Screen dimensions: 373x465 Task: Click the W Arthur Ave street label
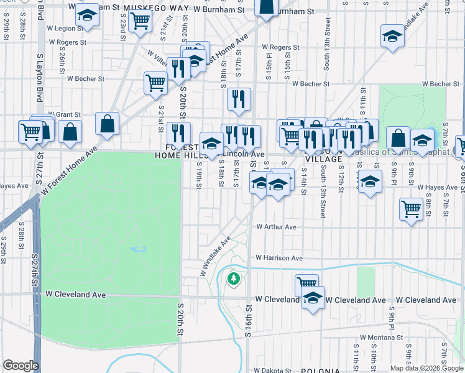point(276,228)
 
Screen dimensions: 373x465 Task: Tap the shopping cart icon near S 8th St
point(411,209)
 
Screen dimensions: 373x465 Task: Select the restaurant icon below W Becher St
point(238,98)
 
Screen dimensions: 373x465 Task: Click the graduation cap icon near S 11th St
point(370,182)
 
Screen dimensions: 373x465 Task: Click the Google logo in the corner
point(21,366)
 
